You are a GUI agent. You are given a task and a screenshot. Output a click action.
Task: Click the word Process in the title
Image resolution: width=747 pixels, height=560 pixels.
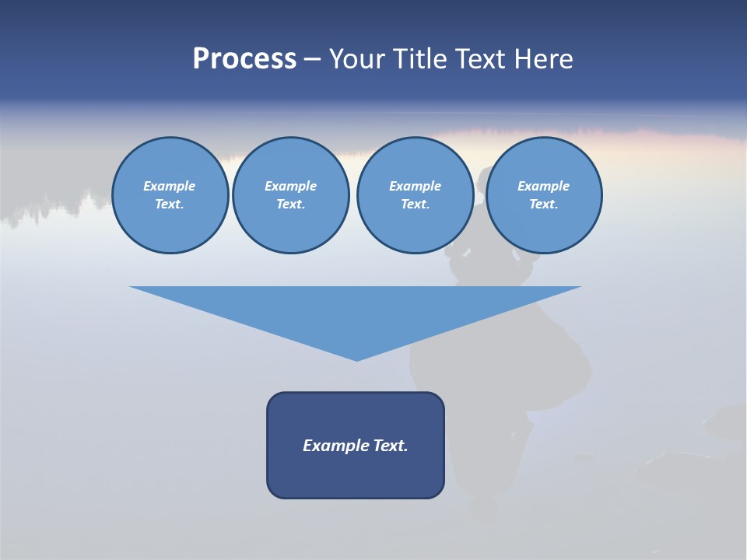tap(244, 59)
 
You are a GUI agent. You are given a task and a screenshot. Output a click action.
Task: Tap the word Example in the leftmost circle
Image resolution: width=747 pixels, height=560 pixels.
tap(170, 186)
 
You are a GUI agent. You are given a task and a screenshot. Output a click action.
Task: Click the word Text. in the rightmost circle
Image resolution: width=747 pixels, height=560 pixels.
tap(543, 204)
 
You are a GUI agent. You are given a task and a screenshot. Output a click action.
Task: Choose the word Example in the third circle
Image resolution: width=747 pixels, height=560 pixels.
tap(415, 186)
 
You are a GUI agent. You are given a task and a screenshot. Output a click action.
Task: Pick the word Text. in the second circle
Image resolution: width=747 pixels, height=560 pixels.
tap(290, 204)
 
